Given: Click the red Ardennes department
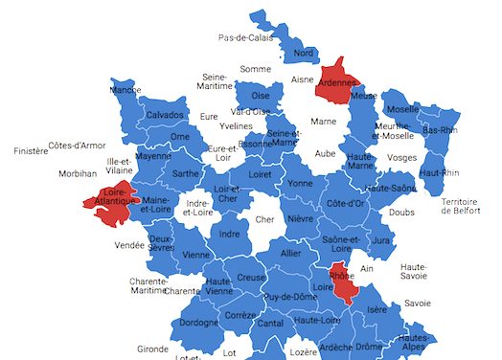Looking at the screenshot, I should [x=337, y=81].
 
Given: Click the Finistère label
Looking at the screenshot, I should [x=30, y=151].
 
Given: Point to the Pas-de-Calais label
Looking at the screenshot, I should [x=245, y=38].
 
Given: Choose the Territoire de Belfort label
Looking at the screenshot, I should [x=465, y=206].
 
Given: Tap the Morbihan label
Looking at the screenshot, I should [x=78, y=174].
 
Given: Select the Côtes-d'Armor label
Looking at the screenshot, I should [x=77, y=146].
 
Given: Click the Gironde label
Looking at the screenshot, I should [x=152, y=349].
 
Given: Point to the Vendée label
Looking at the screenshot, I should [x=129, y=245].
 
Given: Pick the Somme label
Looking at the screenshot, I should [x=256, y=69].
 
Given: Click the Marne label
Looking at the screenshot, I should [x=324, y=122].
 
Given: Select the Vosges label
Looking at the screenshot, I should [x=402, y=158].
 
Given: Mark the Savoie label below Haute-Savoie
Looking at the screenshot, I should [x=418, y=303].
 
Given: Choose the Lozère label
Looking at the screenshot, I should [x=303, y=352].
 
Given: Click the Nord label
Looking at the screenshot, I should [x=304, y=53].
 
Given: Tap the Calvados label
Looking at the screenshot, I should [x=165, y=115].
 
